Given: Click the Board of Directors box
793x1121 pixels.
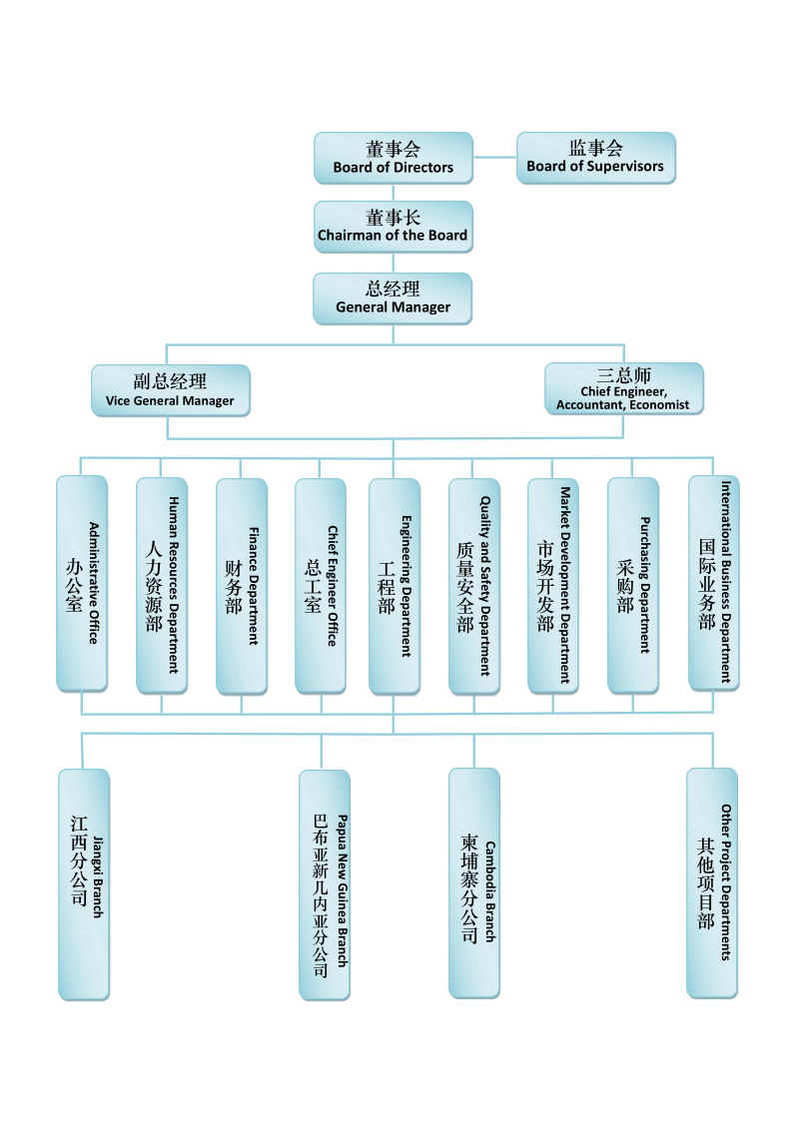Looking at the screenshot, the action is (394, 158).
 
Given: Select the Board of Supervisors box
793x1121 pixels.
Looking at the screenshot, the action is (596, 158).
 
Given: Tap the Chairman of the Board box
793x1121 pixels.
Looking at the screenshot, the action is (394, 227).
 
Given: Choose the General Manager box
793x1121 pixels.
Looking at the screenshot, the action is (393, 298).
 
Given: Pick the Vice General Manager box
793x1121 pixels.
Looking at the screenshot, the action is (171, 390).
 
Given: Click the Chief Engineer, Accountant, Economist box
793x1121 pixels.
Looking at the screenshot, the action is (624, 388).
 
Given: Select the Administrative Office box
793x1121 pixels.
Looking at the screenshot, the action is (82, 583).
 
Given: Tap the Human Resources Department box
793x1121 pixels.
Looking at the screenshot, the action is (163, 586).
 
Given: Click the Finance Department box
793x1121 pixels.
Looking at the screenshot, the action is (242, 586).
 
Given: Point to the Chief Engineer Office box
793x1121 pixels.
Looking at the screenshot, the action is (321, 586).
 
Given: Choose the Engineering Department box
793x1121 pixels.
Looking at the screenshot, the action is (395, 586).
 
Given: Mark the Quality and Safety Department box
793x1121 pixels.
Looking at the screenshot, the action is (474, 586).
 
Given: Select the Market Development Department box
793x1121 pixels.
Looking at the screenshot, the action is (553, 586).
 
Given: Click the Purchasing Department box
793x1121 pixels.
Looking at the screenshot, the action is (633, 586).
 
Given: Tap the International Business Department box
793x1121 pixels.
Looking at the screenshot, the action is (714, 583).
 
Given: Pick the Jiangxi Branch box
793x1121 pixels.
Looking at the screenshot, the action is (84, 884).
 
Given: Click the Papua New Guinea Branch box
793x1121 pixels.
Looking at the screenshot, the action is (325, 885).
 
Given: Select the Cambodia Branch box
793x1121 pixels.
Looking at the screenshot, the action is (474, 883).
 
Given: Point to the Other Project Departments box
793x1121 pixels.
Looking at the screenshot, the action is (712, 883).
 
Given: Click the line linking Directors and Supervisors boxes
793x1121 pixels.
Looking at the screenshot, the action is (494, 158).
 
